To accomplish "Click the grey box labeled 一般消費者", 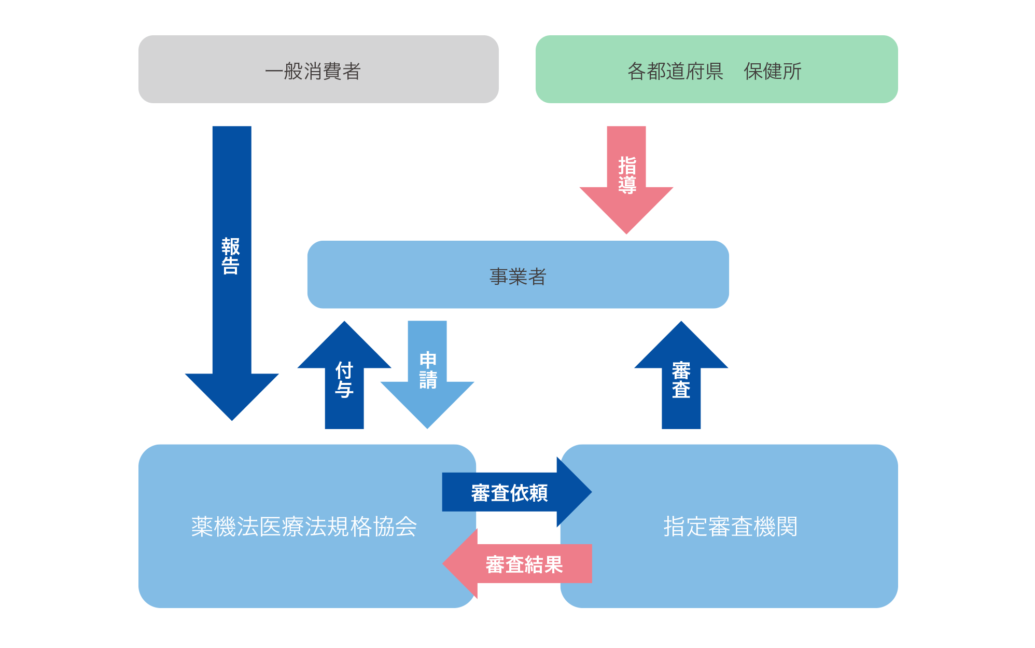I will (318, 69).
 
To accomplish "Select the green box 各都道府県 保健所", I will (716, 69).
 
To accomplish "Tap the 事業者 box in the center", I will (517, 274).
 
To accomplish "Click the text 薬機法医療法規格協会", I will (304, 527).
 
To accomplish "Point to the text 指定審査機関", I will (730, 527).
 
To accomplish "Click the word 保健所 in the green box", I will (772, 71).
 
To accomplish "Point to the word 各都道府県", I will (675, 71).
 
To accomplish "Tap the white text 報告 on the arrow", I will (231, 256).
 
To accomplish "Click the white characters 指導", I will (627, 175).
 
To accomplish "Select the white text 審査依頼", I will (509, 493).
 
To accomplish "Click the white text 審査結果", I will (524, 564).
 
